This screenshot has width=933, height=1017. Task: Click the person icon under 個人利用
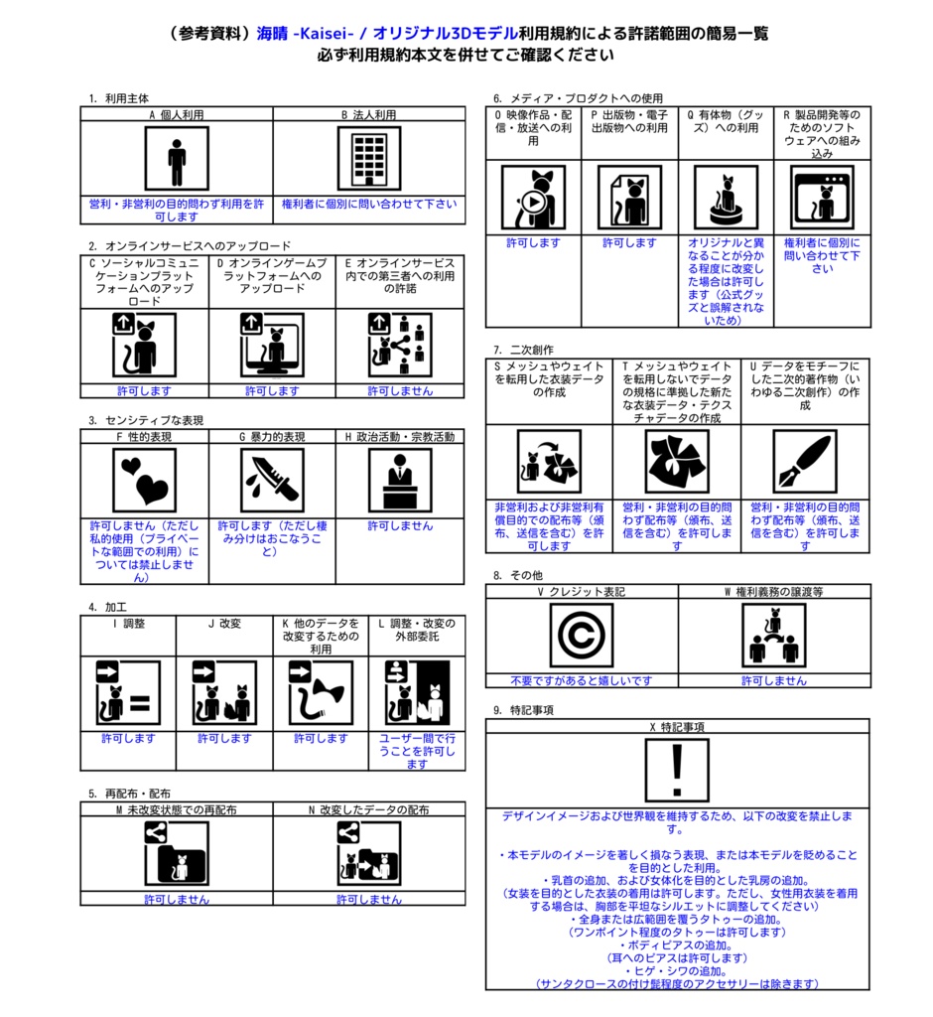[x=177, y=158]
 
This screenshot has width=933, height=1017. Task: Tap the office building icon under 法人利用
[x=369, y=158]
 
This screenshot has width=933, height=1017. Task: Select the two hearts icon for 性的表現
[x=144, y=481]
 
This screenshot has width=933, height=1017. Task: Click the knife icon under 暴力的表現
[x=272, y=481]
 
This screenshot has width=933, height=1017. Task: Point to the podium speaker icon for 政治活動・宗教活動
[x=400, y=481]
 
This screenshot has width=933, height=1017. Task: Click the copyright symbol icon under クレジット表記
[x=581, y=635]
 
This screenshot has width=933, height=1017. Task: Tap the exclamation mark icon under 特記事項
[x=677, y=771]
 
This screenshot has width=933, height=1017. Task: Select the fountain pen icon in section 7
[x=805, y=461]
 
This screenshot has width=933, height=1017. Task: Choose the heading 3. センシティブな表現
[x=146, y=420]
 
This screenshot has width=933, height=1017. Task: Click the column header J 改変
[x=224, y=624]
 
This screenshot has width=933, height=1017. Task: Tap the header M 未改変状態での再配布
[x=177, y=810]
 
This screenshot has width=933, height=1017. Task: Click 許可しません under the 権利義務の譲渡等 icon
[x=774, y=680]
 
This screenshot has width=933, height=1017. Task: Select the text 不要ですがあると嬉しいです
[x=581, y=680]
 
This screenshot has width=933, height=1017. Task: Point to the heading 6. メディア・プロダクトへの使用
[x=578, y=98]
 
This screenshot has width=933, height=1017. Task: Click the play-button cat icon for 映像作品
[x=533, y=198]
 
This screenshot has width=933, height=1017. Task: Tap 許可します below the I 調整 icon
[x=128, y=738]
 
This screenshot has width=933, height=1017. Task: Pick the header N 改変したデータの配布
[x=369, y=810]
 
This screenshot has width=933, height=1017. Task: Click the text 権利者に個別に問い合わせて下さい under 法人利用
[x=369, y=204]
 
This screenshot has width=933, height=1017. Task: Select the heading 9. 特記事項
[x=523, y=710]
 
